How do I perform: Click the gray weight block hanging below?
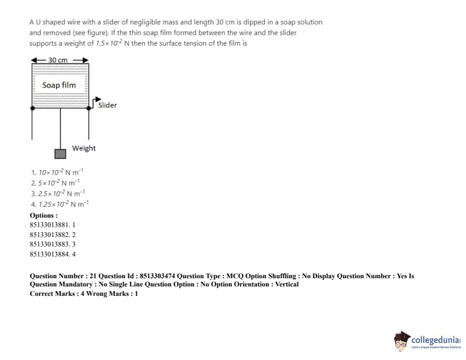[60, 154]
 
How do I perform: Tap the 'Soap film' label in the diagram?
[59, 85]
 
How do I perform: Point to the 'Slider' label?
[107, 105]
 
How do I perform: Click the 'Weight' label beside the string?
[84, 148]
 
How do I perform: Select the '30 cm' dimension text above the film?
[58, 60]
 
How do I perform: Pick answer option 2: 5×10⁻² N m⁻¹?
[56, 182]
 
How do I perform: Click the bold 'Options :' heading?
[44, 215]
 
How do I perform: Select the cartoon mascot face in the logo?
[403, 341]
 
